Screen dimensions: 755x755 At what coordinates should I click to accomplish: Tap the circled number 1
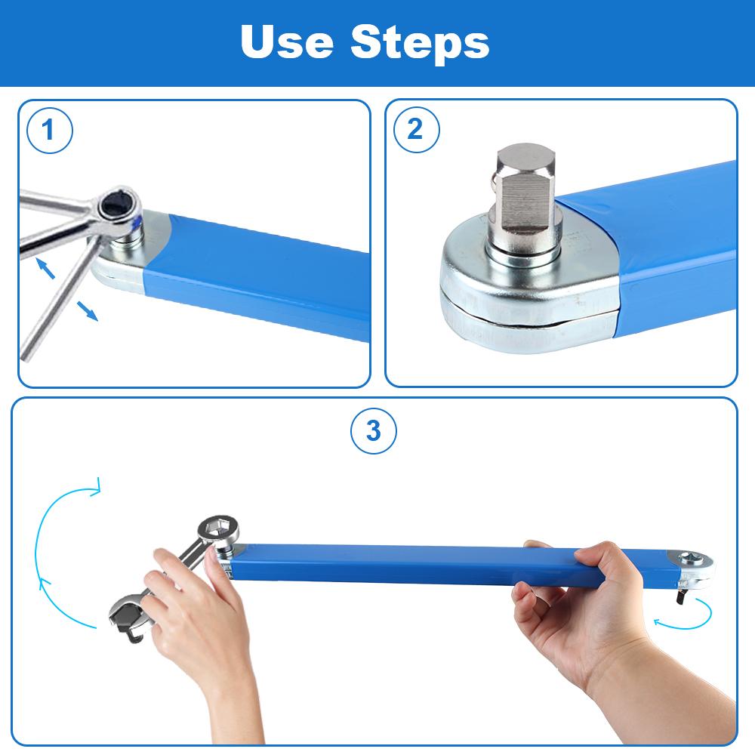coord(49,130)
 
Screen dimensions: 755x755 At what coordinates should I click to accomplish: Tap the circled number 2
coord(417,130)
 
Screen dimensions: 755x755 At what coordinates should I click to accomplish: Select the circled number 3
coord(374,430)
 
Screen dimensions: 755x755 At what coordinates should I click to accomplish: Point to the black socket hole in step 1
coord(116,207)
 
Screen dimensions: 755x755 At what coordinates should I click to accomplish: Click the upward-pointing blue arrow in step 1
coord(45,268)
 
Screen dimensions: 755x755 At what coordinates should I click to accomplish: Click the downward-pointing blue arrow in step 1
coord(88,310)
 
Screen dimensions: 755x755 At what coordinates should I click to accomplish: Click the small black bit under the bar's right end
coord(681,597)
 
